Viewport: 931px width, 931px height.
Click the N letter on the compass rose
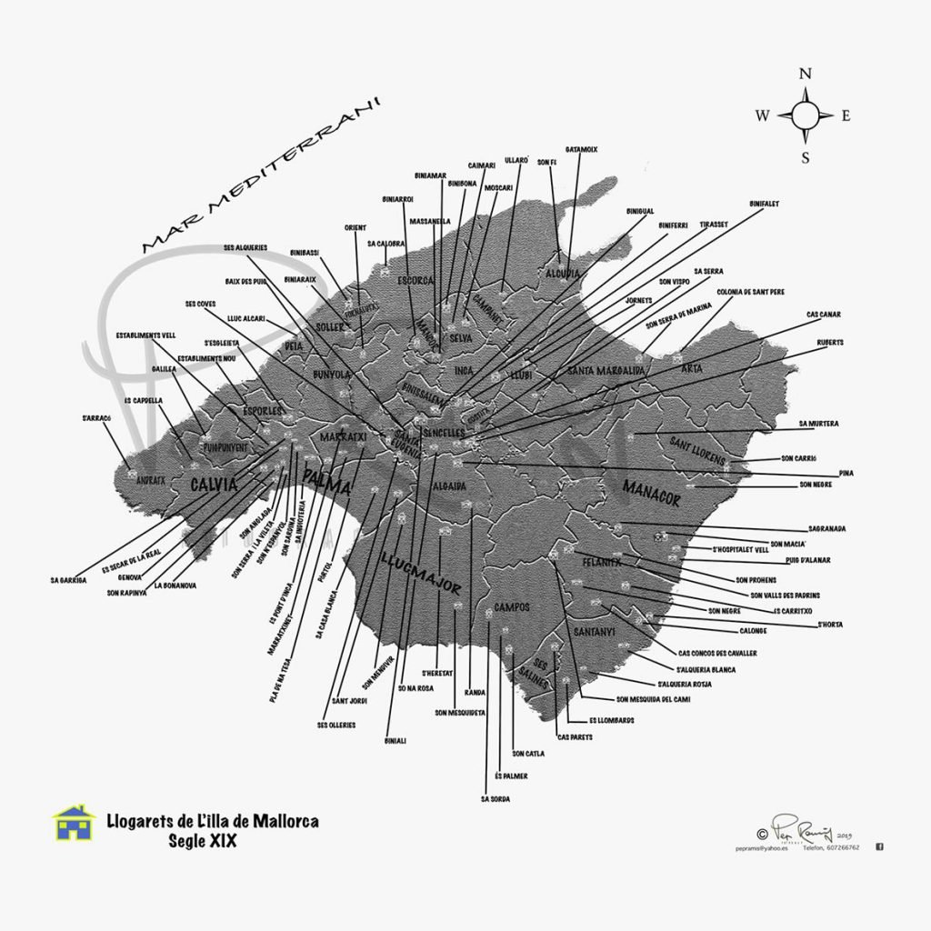805,75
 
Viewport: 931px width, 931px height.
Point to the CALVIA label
214,485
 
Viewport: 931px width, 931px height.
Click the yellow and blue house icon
74,824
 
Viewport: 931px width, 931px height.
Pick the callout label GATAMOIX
581,148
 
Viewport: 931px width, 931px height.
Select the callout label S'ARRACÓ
95,418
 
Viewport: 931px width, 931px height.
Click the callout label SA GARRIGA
69,579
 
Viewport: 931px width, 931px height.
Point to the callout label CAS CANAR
824,315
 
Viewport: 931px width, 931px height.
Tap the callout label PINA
846,473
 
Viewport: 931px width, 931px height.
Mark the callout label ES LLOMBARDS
611,720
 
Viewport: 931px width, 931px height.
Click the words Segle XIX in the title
202,841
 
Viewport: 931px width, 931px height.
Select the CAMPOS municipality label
512,607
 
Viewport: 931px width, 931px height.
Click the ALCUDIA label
564,273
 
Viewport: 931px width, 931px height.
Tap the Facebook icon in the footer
879,846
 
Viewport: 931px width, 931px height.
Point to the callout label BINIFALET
764,204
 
